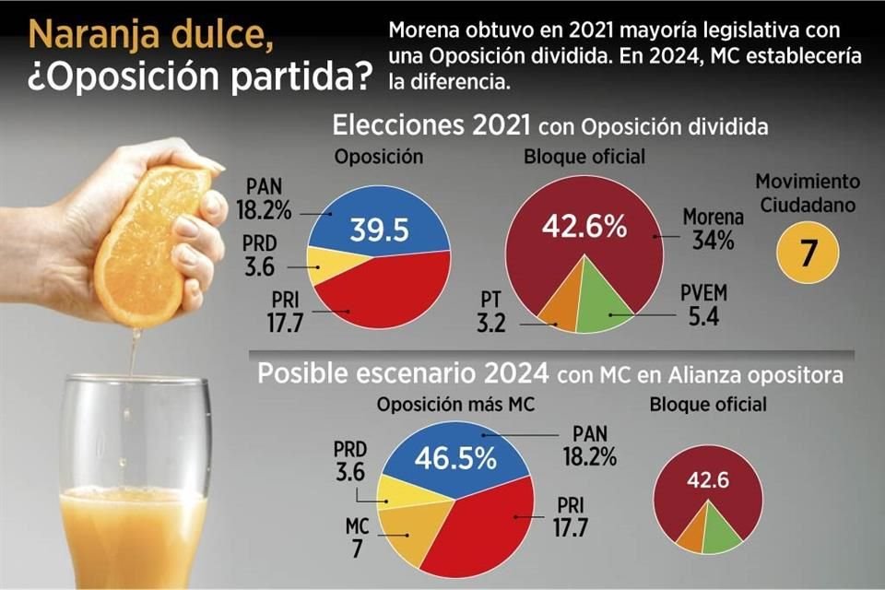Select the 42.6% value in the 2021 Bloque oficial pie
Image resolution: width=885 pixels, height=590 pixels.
(x=584, y=225)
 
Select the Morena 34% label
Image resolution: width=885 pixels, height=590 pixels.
(x=713, y=229)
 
